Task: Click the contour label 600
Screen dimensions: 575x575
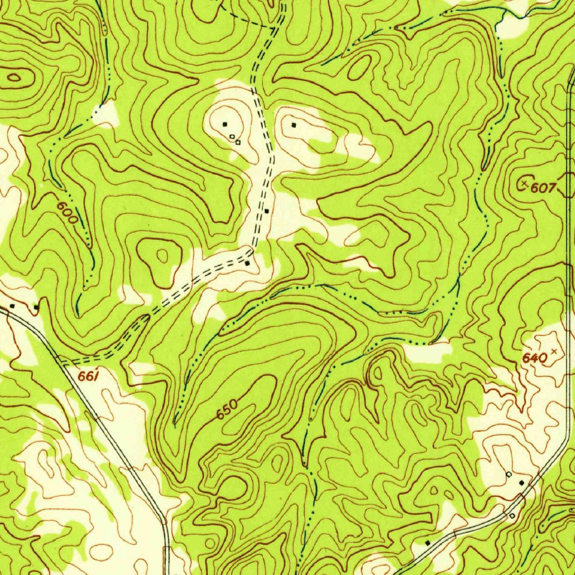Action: tap(67, 213)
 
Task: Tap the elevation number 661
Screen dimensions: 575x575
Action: tap(88, 377)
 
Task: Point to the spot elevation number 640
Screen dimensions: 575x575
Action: tap(534, 358)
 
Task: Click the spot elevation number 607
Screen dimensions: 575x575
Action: tap(543, 188)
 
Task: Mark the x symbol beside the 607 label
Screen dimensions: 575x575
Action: tap(526, 183)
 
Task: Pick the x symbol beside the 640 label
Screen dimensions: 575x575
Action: tap(555, 351)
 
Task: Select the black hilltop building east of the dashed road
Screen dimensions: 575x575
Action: tap(294, 125)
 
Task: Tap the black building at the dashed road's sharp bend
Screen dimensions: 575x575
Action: tap(247, 262)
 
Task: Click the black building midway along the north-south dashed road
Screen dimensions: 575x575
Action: tap(267, 211)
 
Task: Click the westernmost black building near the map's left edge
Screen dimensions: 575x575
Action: tap(12, 306)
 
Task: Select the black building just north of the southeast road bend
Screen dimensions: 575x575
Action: tap(522, 482)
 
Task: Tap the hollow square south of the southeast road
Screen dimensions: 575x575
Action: tap(512, 515)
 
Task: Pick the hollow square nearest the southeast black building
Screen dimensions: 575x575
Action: tap(509, 474)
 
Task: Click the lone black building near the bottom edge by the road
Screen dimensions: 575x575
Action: tap(427, 543)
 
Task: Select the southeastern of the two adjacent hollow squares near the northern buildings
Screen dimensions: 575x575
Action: tap(238, 142)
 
